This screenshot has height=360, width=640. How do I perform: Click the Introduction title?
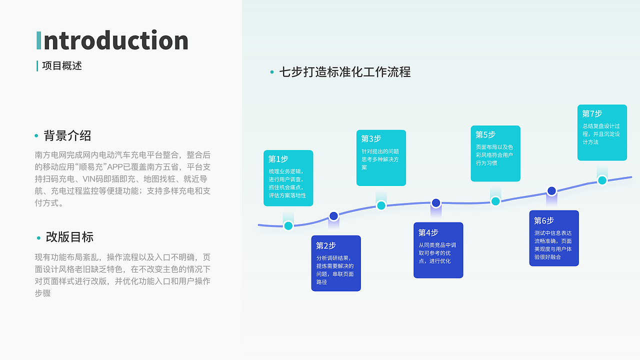(112, 40)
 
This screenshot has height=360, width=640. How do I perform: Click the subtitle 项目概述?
(62, 66)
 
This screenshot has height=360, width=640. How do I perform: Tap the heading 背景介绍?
(67, 135)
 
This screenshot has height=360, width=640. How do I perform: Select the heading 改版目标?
(69, 237)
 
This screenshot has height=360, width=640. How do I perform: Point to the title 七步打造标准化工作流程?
(345, 72)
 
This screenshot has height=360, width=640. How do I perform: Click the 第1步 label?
(278, 159)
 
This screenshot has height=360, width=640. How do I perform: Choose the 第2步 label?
(326, 245)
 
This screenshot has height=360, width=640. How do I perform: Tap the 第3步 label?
(371, 138)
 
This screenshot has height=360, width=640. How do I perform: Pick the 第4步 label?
(428, 232)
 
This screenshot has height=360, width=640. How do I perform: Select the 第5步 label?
(485, 134)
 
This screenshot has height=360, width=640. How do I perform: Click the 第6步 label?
(544, 220)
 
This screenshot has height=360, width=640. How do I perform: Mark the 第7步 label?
(592, 113)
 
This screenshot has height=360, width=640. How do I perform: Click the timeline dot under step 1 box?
(288, 225)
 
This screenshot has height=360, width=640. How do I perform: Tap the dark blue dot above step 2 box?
(333, 216)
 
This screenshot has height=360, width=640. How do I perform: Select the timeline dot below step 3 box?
(381, 205)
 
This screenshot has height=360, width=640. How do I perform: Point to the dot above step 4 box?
(436, 202)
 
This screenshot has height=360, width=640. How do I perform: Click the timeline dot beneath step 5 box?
(495, 201)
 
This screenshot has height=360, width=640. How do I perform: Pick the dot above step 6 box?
(551, 190)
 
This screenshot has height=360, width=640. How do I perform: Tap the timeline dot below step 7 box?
(602, 180)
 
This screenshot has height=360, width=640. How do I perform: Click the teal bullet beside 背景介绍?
(36, 136)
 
